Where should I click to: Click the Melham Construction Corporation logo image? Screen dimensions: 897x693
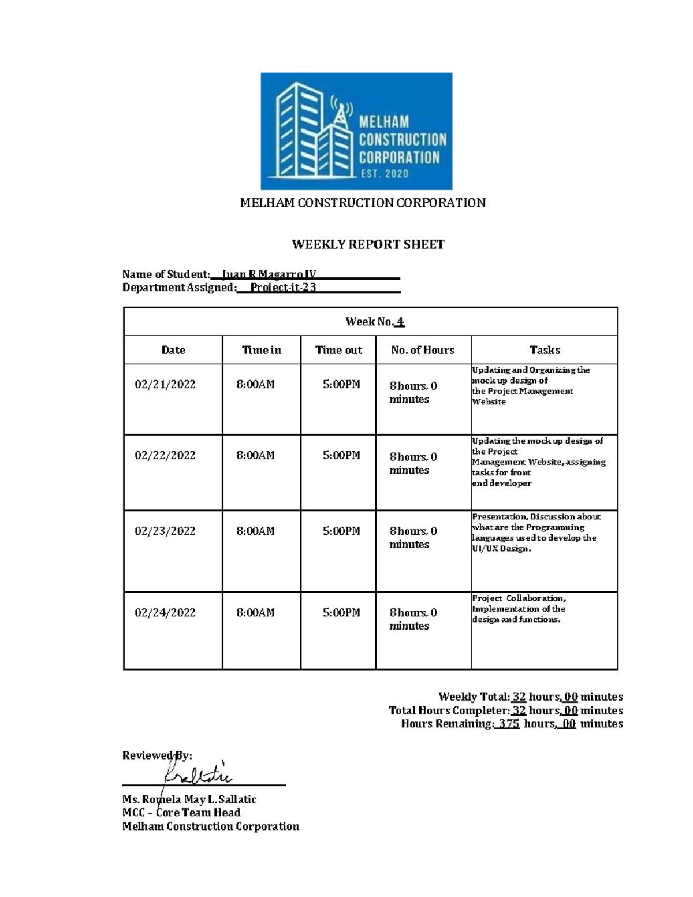click(356, 131)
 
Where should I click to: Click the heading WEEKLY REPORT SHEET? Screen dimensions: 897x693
click(368, 244)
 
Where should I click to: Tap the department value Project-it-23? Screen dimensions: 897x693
click(283, 288)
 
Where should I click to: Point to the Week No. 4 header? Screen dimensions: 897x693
click(374, 322)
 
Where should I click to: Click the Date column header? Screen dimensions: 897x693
click(173, 350)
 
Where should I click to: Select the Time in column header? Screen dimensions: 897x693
click(261, 350)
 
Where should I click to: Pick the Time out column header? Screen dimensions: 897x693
click(338, 350)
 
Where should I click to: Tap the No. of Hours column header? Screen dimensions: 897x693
click(423, 350)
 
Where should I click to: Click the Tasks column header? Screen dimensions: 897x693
click(545, 350)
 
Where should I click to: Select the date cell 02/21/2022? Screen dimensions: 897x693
click(165, 385)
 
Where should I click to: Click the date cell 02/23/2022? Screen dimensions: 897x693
click(165, 531)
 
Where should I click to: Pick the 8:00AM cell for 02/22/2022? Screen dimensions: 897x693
click(255, 456)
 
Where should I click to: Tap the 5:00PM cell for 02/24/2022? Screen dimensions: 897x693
click(341, 613)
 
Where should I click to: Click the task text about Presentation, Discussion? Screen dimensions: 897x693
click(535, 533)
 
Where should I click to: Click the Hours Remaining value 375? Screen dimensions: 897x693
click(509, 724)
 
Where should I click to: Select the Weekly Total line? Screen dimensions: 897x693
click(530, 697)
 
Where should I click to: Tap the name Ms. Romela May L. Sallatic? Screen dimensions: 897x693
click(189, 799)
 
